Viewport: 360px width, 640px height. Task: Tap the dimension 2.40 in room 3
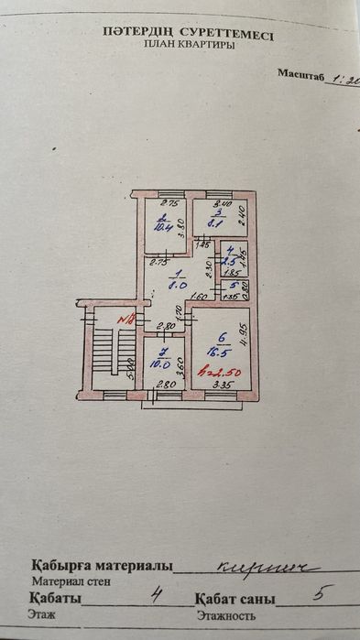tap(240, 217)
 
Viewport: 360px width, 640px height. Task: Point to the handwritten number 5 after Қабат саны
tap(318, 592)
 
